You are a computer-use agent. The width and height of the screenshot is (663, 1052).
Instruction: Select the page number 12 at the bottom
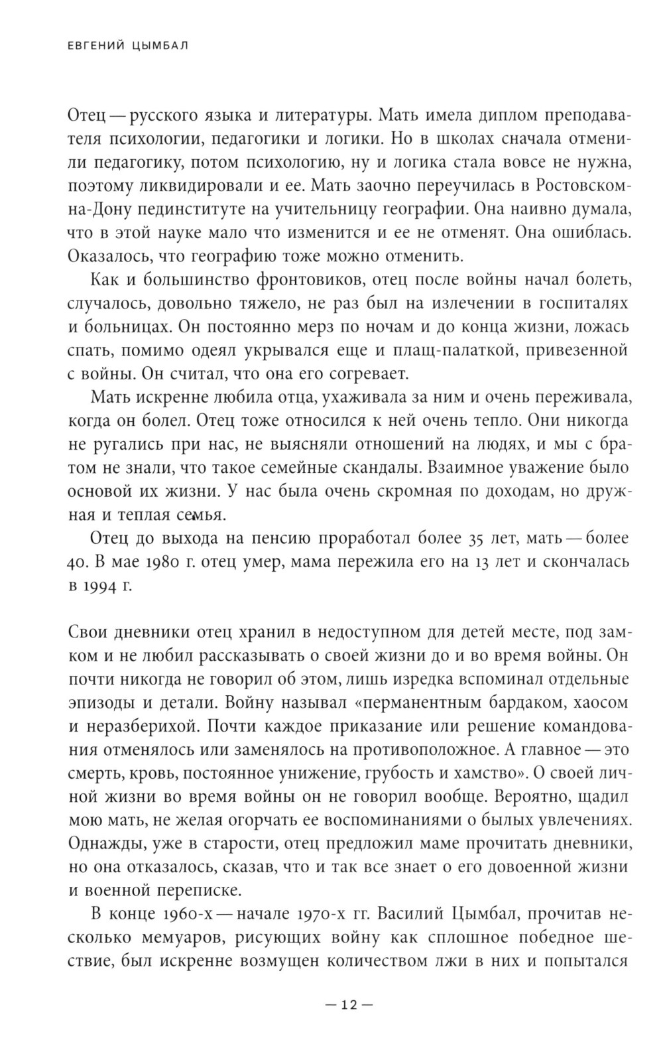click(x=349, y=1004)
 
